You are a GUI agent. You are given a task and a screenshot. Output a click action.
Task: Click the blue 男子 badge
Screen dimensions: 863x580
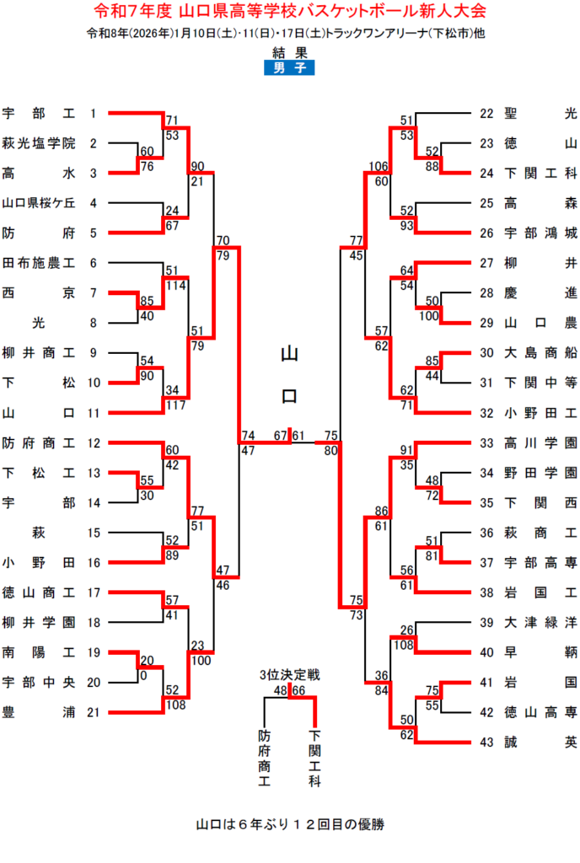coord(289,68)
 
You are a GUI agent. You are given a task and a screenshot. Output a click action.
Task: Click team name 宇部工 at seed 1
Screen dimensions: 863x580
coord(39,113)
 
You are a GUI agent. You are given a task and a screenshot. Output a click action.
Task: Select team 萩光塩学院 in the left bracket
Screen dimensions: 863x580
coord(39,143)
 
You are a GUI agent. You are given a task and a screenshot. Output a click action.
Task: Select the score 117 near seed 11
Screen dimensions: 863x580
coord(176,404)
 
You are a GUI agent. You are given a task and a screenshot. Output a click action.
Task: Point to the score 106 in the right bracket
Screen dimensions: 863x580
coord(378,167)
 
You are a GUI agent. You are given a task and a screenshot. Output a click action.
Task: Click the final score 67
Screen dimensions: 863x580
coord(281,435)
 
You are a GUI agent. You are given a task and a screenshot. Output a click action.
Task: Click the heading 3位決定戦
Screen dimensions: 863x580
coord(289,675)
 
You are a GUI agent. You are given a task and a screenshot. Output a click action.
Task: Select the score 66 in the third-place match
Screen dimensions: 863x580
coord(298,690)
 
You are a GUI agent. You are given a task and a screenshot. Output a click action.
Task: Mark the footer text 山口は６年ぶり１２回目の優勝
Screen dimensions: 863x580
coord(290,823)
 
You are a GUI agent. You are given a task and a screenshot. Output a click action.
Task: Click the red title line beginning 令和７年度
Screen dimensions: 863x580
coord(289,13)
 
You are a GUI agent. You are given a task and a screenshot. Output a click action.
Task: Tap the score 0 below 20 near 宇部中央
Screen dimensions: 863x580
coord(142,675)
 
